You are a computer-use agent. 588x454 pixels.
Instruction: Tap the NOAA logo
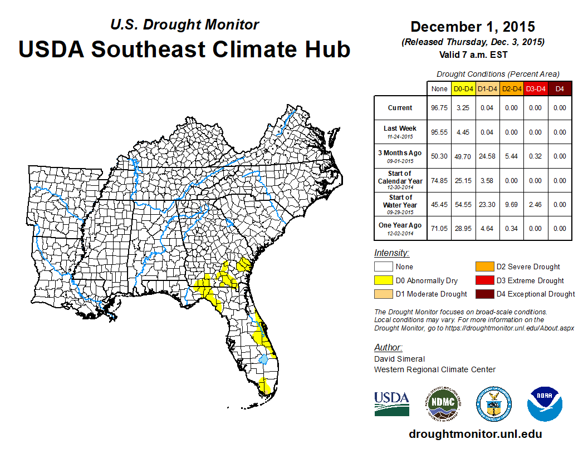click(545, 404)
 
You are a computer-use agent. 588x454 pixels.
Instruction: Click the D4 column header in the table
click(560, 88)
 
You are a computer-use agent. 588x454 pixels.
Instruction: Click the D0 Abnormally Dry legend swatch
click(384, 280)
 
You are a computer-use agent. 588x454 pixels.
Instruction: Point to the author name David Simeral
click(399, 359)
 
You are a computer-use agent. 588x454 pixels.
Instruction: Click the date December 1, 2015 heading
click(472, 27)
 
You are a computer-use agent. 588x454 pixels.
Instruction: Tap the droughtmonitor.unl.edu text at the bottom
click(475, 434)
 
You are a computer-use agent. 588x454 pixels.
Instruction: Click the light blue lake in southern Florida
click(263, 360)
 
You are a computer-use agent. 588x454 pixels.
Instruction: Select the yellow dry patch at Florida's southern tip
click(265, 385)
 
